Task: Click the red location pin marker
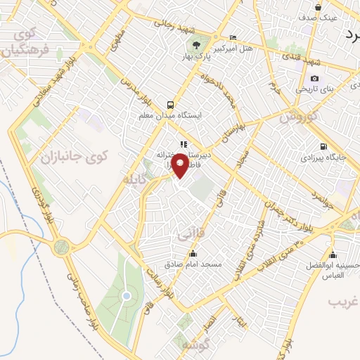(x=181, y=167)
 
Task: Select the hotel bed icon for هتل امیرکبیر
(x=233, y=37)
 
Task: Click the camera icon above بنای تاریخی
(x=314, y=78)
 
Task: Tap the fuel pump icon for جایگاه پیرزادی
(x=322, y=147)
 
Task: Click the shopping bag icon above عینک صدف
(x=318, y=8)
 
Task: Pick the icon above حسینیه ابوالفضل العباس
(x=333, y=255)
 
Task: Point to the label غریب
(x=345, y=301)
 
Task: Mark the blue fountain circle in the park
(x=127, y=296)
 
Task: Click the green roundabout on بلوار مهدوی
(x=62, y=247)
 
